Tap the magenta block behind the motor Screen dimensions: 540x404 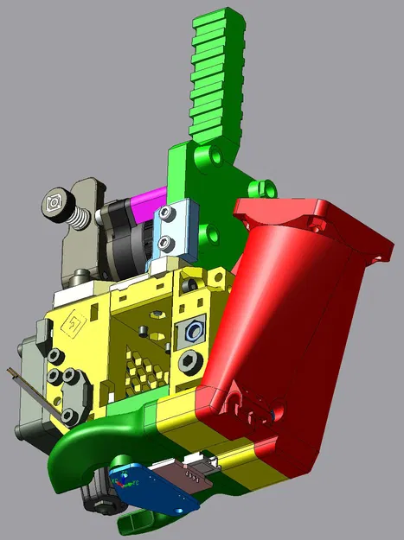(x=146, y=206)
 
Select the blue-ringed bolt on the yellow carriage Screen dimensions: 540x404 (x=193, y=330)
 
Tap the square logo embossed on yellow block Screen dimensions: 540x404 (x=76, y=326)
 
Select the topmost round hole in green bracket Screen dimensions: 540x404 (x=206, y=156)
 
